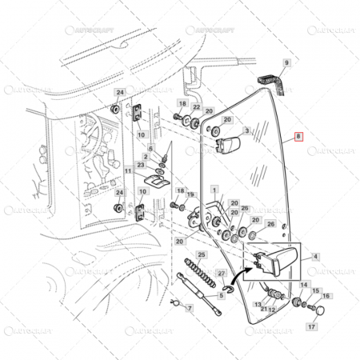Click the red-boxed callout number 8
pyautogui.click(x=298, y=137)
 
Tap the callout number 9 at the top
pyautogui.click(x=287, y=62)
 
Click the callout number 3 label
pyautogui.click(x=247, y=130)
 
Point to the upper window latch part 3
pyautogui.click(x=228, y=146)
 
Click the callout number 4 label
pyautogui.click(x=315, y=257)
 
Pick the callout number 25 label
pyautogui.click(x=202, y=254)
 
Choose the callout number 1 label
pyautogui.click(x=215, y=189)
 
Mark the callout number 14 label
pyautogui.click(x=303, y=284)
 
